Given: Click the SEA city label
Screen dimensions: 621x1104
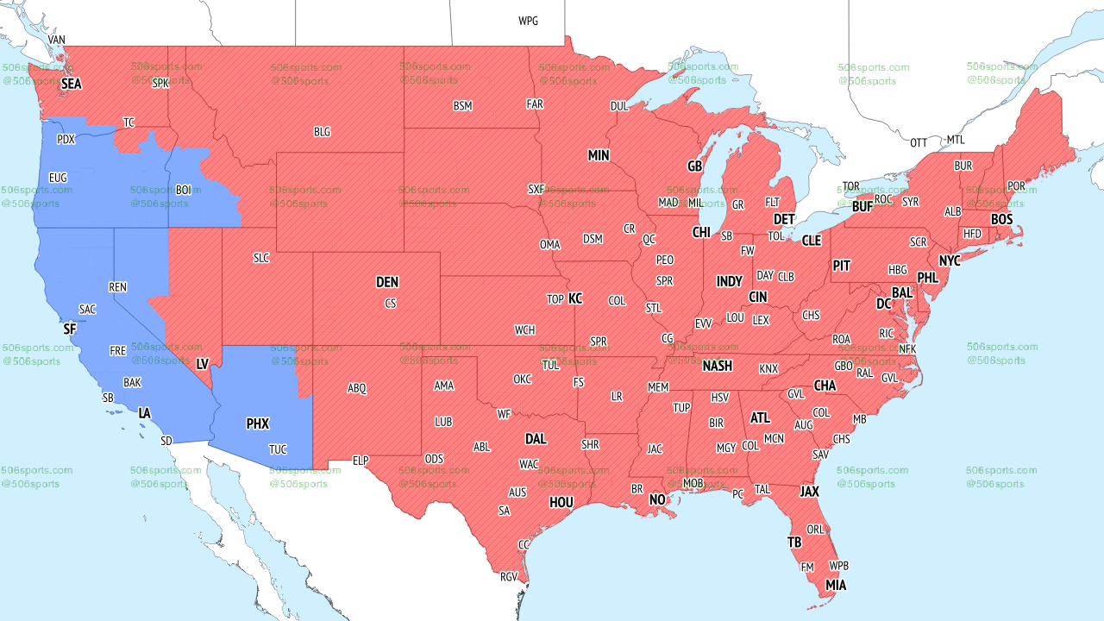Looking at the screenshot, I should point(71,85).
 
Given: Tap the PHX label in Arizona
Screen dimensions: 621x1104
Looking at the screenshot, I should point(257,424).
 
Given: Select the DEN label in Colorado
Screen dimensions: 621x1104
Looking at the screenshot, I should point(387,282).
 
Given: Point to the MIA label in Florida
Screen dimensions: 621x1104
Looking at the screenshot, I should point(835,586).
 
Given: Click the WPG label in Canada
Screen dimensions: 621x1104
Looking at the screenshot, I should point(528,21).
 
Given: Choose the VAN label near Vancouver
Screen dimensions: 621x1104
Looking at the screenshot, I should point(57,41).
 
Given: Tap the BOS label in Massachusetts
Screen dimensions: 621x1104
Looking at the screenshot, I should point(1001,220).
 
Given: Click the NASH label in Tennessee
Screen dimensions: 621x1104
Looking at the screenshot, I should point(717,366).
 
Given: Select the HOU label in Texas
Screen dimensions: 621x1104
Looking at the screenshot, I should point(561,502).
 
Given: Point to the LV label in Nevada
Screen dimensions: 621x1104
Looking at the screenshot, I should point(203,364).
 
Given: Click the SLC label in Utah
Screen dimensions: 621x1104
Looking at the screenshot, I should point(261,258).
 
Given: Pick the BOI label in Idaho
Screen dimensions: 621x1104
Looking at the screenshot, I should point(184,190).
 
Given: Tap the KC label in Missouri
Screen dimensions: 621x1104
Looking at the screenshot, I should point(575,299).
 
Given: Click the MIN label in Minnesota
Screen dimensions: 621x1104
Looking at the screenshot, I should point(599,156).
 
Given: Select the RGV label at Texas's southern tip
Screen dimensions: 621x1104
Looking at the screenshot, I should point(509,577).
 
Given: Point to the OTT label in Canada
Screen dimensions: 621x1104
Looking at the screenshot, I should point(919,142).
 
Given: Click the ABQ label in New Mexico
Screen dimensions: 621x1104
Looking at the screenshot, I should point(357,389).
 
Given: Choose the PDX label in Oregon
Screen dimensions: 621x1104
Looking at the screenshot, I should point(66,140).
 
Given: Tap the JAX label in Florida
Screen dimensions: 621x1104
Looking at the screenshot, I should point(809,492).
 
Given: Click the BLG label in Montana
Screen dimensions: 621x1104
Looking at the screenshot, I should point(322,133).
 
